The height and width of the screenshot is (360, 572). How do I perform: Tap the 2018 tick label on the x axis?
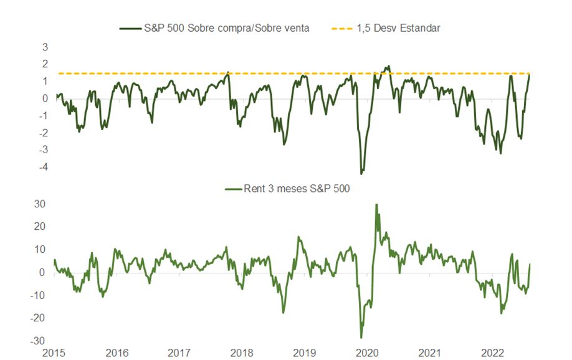(242, 353)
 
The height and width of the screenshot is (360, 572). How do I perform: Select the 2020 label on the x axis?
(367, 353)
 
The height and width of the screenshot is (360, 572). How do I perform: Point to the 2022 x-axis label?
(492, 353)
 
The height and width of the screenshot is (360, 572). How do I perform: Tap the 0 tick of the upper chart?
(45, 98)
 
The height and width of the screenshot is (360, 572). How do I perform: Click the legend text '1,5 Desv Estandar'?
(399, 28)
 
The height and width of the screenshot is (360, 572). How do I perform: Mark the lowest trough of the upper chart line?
(361, 173)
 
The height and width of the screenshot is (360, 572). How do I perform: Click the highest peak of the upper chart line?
(388, 66)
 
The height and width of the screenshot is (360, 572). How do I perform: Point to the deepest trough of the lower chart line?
(361, 338)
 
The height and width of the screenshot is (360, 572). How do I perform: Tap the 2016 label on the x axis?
(117, 353)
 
